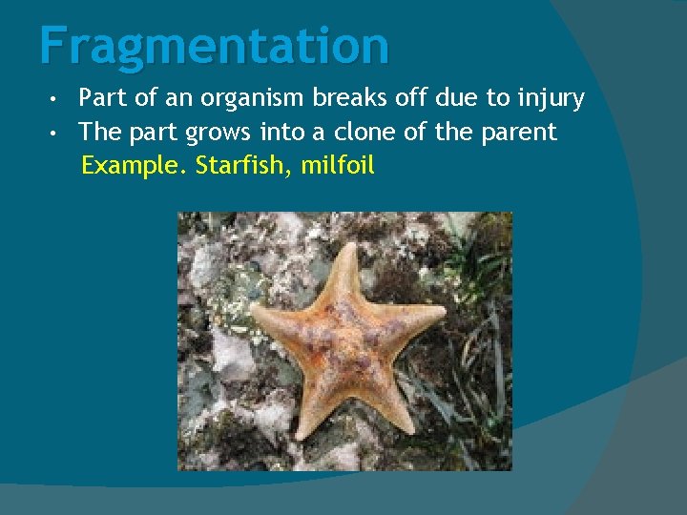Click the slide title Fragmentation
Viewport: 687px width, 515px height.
[215, 46]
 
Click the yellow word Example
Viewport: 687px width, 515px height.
[134, 166]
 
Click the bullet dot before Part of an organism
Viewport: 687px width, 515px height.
[58, 99]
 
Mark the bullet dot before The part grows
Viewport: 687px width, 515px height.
[58, 133]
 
